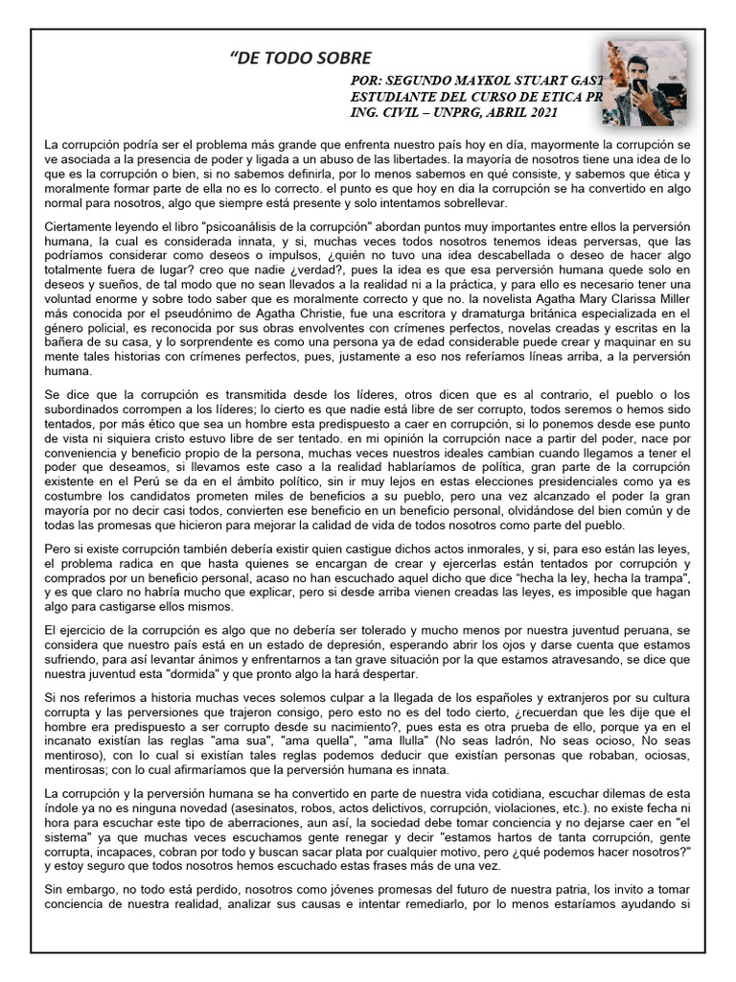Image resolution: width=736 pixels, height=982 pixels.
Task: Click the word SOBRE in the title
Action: [x=338, y=60]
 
